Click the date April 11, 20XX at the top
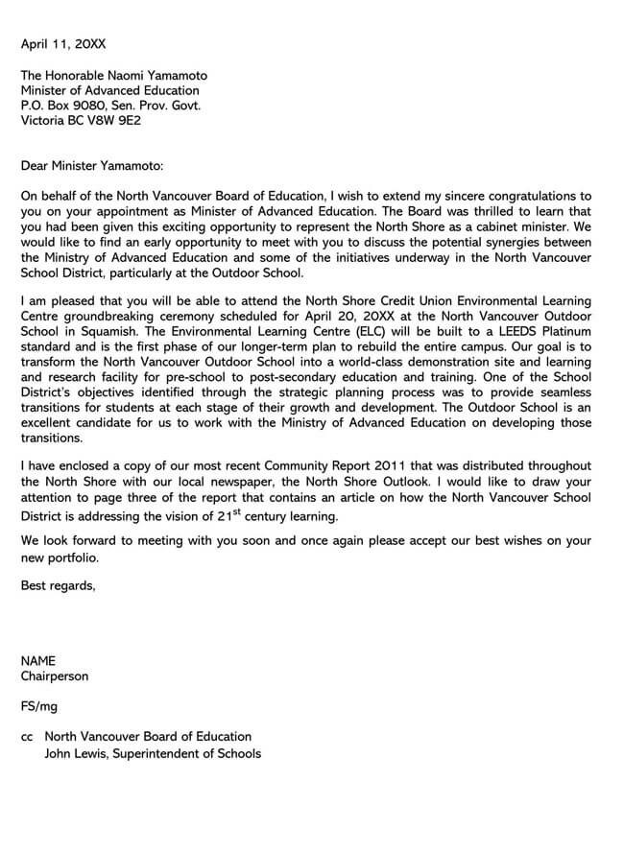(64, 44)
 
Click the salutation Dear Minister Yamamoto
(93, 166)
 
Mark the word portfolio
(69, 557)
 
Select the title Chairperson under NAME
(55, 676)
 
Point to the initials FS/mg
(39, 707)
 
